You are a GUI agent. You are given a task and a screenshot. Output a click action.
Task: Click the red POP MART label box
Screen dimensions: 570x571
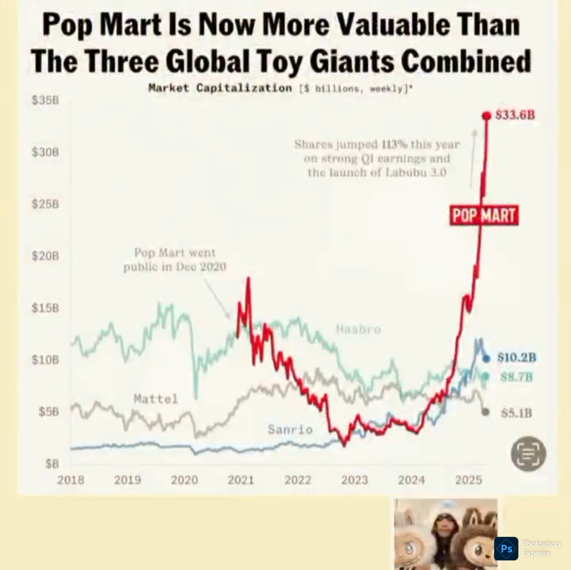pos(484,216)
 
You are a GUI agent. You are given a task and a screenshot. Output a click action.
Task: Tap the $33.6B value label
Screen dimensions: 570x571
pos(515,115)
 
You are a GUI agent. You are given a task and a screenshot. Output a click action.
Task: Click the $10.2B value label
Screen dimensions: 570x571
pos(516,357)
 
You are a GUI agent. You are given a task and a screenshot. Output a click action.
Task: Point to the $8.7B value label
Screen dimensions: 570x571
pos(516,377)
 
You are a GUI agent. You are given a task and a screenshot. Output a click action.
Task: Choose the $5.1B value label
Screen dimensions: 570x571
pos(516,413)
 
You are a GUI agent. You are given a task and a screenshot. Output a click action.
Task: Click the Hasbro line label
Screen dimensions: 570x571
pos(358,329)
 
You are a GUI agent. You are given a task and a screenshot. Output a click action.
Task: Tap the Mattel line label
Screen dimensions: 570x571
pos(156,399)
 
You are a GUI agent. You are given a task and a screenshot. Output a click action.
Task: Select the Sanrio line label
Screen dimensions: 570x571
pos(290,430)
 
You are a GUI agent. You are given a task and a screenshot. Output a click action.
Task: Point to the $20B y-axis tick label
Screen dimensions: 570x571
pos(45,256)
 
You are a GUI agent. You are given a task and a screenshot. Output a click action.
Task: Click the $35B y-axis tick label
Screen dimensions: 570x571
pos(45,100)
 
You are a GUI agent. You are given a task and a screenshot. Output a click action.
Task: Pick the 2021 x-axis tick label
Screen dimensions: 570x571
pos(241,480)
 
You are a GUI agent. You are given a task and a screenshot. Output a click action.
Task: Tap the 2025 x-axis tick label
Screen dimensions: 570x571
pos(469,480)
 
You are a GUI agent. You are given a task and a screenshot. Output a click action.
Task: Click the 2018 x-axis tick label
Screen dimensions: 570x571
pos(71,480)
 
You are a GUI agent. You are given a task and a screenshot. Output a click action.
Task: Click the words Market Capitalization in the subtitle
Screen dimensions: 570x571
pos(220,88)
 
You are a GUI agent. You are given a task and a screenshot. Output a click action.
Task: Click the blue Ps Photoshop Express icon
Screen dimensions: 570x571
pos(506,549)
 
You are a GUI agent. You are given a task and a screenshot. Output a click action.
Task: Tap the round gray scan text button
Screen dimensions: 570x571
pos(528,454)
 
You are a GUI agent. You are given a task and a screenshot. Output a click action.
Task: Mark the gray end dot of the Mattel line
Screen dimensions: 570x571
pos(486,412)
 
